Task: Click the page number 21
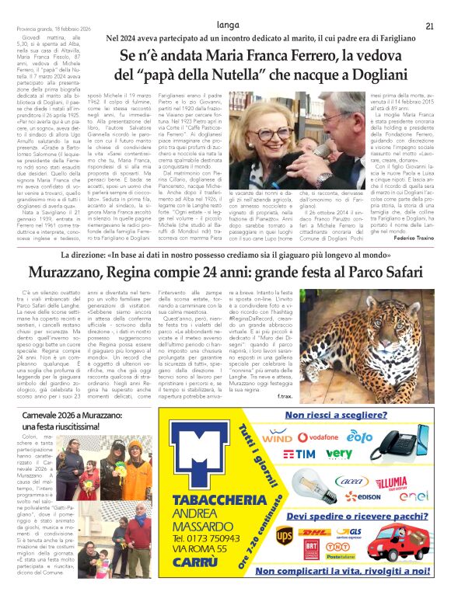pos(429,26)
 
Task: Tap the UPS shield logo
pos(285,535)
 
